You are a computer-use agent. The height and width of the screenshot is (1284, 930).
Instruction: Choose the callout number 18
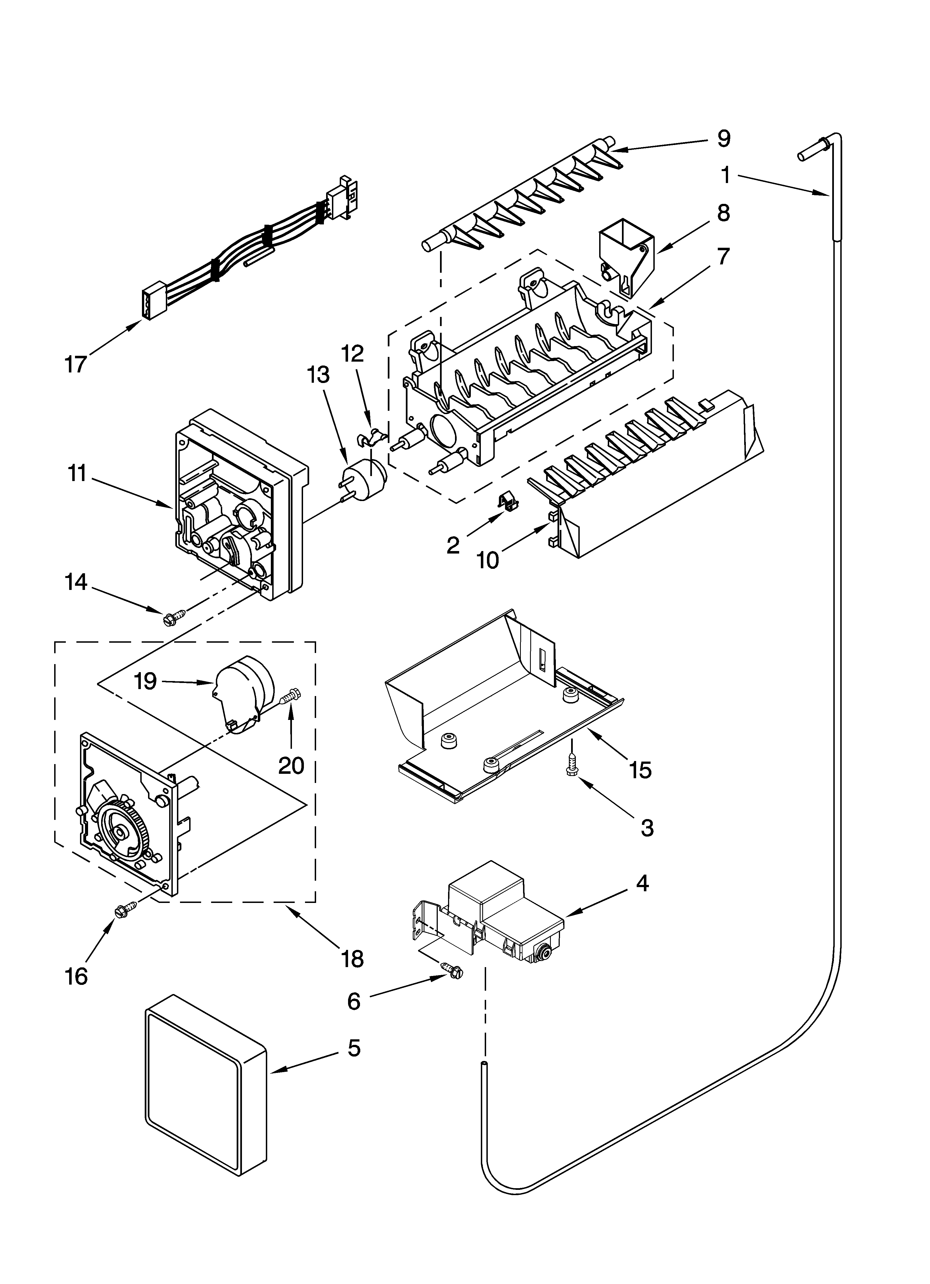[352, 958]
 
